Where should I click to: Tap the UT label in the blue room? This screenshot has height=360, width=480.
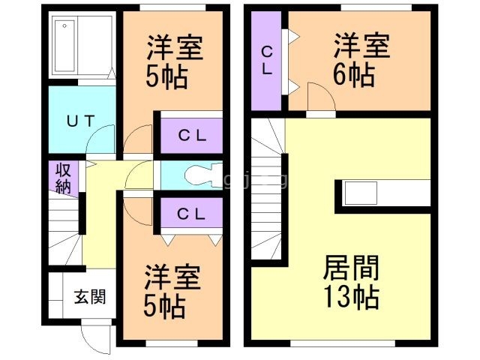[79, 120]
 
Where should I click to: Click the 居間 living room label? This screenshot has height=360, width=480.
[351, 268]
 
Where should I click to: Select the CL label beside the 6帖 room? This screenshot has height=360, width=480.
[266, 59]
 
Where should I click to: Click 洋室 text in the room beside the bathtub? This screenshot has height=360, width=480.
[174, 48]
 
